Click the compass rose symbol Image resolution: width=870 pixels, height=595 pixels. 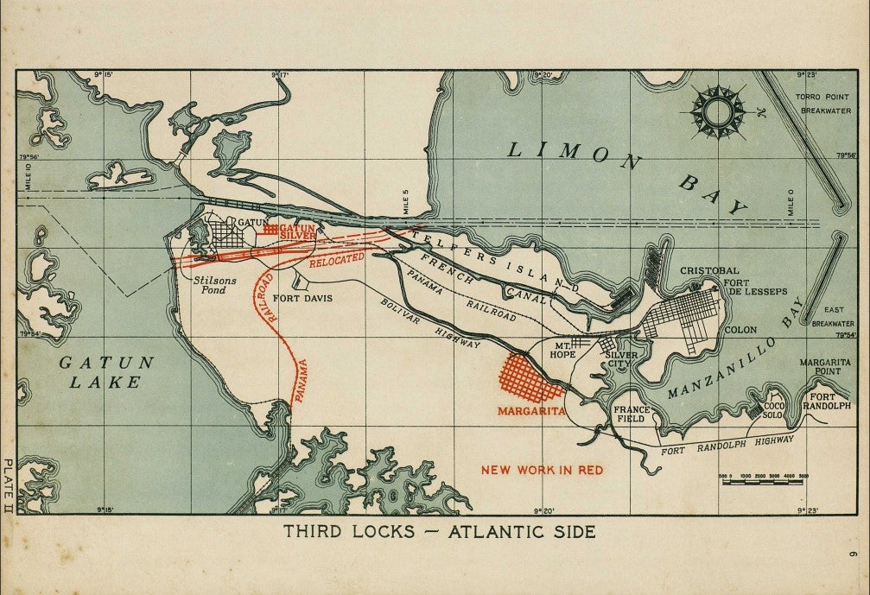(x=718, y=112)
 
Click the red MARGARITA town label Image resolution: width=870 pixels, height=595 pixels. (x=531, y=412)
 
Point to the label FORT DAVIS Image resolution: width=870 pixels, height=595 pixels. (x=302, y=299)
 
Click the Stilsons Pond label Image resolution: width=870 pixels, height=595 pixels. (x=210, y=285)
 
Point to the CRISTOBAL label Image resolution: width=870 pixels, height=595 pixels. (x=709, y=270)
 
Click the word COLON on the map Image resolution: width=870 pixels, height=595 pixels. (x=740, y=330)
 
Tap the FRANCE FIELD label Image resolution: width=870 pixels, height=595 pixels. (x=629, y=414)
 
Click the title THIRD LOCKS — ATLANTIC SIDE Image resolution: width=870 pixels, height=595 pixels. (x=440, y=532)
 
